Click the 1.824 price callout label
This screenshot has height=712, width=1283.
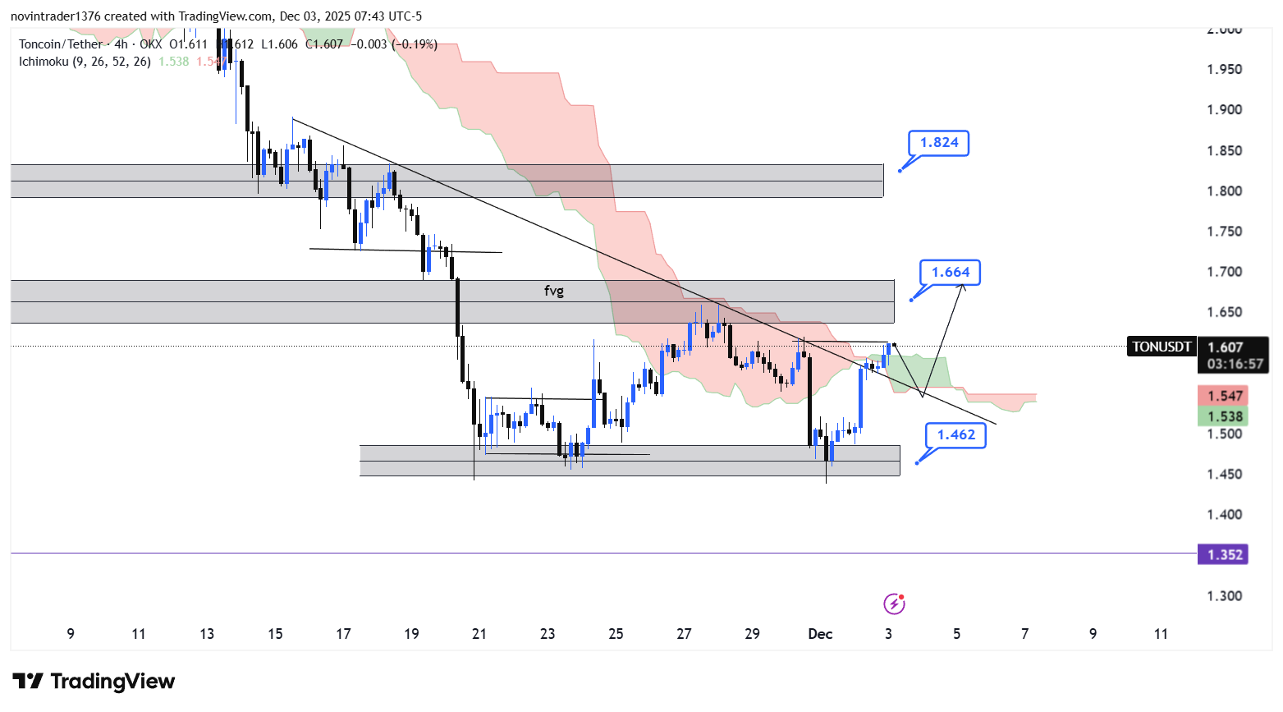(939, 143)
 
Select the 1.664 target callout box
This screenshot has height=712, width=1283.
(951, 273)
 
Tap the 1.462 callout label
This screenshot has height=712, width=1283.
(956, 435)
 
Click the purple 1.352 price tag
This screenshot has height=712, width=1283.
(1224, 555)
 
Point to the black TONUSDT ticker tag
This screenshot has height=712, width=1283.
(1162, 347)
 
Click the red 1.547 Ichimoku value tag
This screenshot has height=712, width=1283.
(1224, 397)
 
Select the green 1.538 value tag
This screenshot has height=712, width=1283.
(1224, 417)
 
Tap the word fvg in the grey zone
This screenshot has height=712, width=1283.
(554, 291)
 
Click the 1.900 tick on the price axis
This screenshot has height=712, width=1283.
(1224, 110)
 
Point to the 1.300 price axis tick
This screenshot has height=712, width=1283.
(1224, 596)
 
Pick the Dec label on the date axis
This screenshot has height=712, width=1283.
(820, 634)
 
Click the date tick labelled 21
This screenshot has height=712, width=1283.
(479, 634)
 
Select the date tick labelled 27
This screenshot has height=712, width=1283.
(684, 634)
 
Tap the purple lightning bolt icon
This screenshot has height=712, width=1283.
(894, 605)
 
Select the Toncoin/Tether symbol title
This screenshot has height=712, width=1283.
(62, 44)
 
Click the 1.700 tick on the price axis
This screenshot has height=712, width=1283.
(1224, 272)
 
